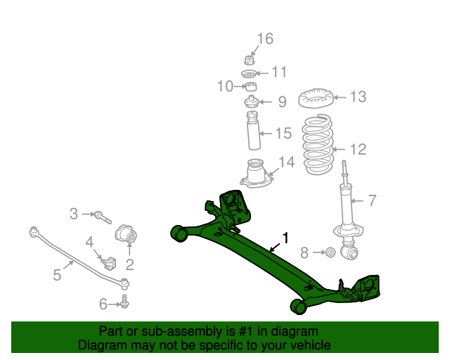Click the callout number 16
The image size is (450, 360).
pyautogui.click(x=264, y=39)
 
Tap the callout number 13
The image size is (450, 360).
pyautogui.click(x=358, y=97)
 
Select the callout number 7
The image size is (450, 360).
pyautogui.click(x=371, y=201)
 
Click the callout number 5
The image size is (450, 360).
pyautogui.click(x=57, y=275)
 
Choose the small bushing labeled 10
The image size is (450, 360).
pyautogui.click(x=249, y=87)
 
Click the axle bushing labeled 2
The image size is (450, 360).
pyautogui.click(x=129, y=234)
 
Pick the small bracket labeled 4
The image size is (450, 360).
pyautogui.click(x=108, y=262)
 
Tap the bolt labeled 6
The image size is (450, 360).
pyautogui.click(x=124, y=303)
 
